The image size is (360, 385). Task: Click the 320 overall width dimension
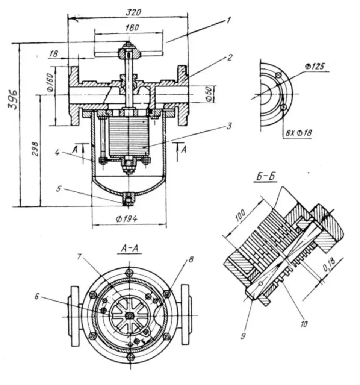coord(133,12)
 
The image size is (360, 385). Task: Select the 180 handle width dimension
coord(132,27)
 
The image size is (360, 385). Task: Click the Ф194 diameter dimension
coord(127,219)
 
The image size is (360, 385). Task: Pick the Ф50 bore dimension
coord(209,94)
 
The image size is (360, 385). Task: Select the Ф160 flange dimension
coord(50,82)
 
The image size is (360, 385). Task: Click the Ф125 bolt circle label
coord(315,66)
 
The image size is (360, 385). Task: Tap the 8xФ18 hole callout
coord(298,133)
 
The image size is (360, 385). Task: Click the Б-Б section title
coord(265,177)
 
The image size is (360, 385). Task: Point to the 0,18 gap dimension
coord(329,265)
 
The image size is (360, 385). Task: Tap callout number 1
coord(228,20)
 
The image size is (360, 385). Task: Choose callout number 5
coord(58,189)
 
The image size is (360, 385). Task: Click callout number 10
coord(304,324)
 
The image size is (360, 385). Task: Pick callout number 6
coord(36,297)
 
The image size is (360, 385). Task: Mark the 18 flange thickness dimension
coord(53,54)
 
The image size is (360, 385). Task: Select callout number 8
coord(191,259)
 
